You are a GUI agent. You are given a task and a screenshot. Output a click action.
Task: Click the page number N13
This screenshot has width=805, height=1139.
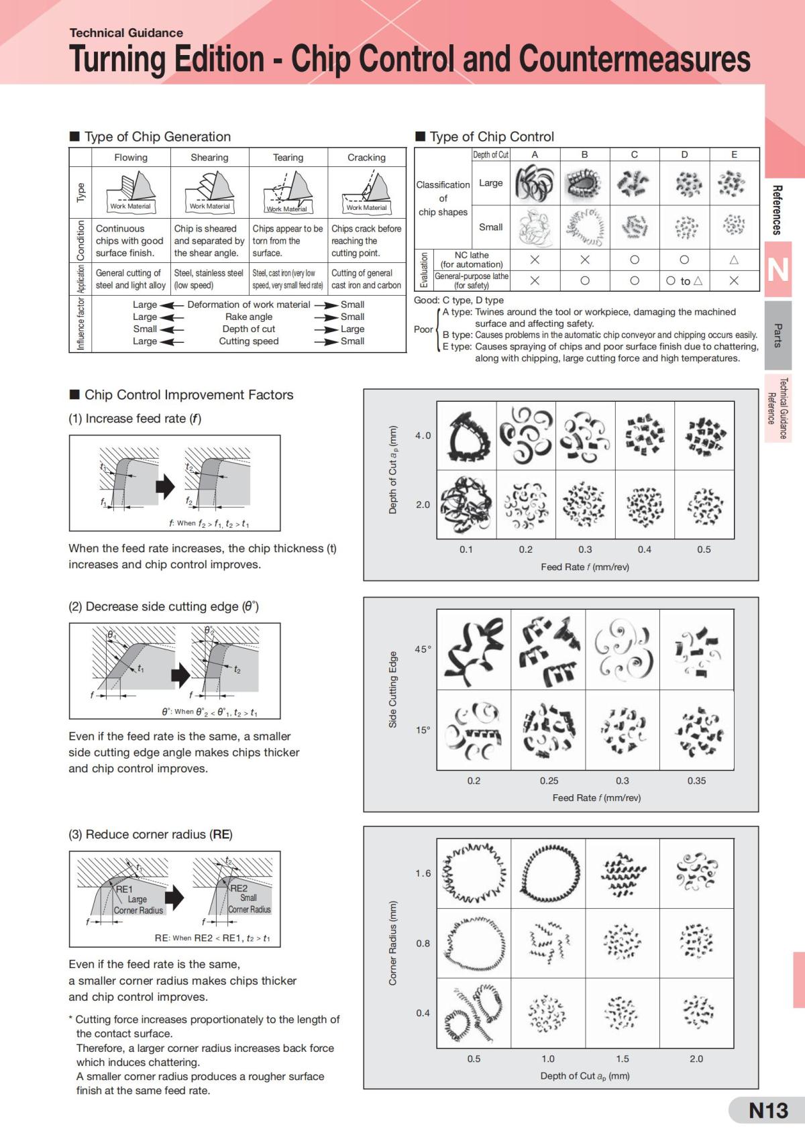[768, 1111]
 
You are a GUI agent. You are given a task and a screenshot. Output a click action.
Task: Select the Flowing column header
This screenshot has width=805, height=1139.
[131, 158]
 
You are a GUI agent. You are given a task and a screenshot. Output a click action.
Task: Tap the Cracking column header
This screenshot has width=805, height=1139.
[367, 158]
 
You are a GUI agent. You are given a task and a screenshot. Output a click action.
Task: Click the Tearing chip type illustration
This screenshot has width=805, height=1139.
[288, 193]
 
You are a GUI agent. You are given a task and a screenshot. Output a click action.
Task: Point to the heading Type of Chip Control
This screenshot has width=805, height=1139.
[492, 136]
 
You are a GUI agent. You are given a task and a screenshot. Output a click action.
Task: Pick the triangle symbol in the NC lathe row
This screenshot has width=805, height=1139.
[734, 260]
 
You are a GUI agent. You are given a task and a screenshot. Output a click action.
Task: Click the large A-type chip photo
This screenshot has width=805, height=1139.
[535, 182]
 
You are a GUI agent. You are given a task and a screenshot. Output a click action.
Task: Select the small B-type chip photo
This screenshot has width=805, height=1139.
[584, 227]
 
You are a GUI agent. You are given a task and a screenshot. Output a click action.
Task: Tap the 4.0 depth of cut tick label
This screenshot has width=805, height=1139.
[423, 436]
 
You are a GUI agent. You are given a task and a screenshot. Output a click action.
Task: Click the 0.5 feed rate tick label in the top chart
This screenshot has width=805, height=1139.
[704, 549]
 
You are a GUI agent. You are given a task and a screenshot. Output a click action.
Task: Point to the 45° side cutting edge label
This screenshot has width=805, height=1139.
[423, 649]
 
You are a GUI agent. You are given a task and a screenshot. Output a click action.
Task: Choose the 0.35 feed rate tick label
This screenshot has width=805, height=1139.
[697, 781]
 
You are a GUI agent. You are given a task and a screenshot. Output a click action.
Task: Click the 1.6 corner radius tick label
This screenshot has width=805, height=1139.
[423, 873]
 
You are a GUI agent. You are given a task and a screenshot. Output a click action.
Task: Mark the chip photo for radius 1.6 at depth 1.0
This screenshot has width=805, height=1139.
[549, 873]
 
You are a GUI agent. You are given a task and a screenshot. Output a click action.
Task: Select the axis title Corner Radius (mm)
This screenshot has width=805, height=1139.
[392, 942]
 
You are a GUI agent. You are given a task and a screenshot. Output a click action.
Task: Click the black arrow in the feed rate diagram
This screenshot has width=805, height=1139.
[165, 486]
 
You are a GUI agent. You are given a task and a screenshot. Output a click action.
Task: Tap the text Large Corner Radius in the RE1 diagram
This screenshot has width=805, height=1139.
[138, 905]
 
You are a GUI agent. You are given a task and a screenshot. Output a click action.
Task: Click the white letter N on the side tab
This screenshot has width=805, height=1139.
[777, 270]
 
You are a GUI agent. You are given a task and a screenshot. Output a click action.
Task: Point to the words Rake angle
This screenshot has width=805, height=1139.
[249, 317]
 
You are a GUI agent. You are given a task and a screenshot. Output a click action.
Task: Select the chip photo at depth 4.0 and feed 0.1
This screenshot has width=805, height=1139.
[467, 436]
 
